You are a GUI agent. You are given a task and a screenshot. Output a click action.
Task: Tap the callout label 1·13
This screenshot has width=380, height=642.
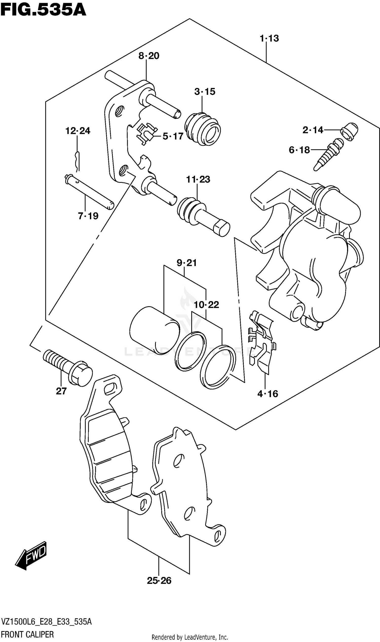click(269, 39)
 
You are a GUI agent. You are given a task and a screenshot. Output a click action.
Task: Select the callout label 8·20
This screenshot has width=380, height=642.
click(149, 56)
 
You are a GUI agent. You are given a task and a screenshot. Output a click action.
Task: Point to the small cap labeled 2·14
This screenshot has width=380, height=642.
click(349, 132)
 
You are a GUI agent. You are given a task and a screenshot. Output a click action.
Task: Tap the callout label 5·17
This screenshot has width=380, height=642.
click(173, 136)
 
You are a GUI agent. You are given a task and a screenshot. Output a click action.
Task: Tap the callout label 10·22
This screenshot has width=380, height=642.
click(206, 305)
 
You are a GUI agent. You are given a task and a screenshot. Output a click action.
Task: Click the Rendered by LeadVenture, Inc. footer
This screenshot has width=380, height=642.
click(190, 637)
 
